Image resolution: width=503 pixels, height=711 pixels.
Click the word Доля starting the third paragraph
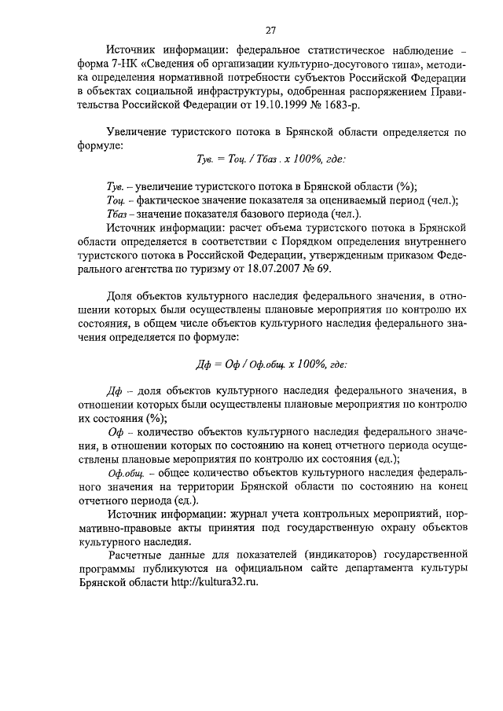[x=121, y=296]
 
